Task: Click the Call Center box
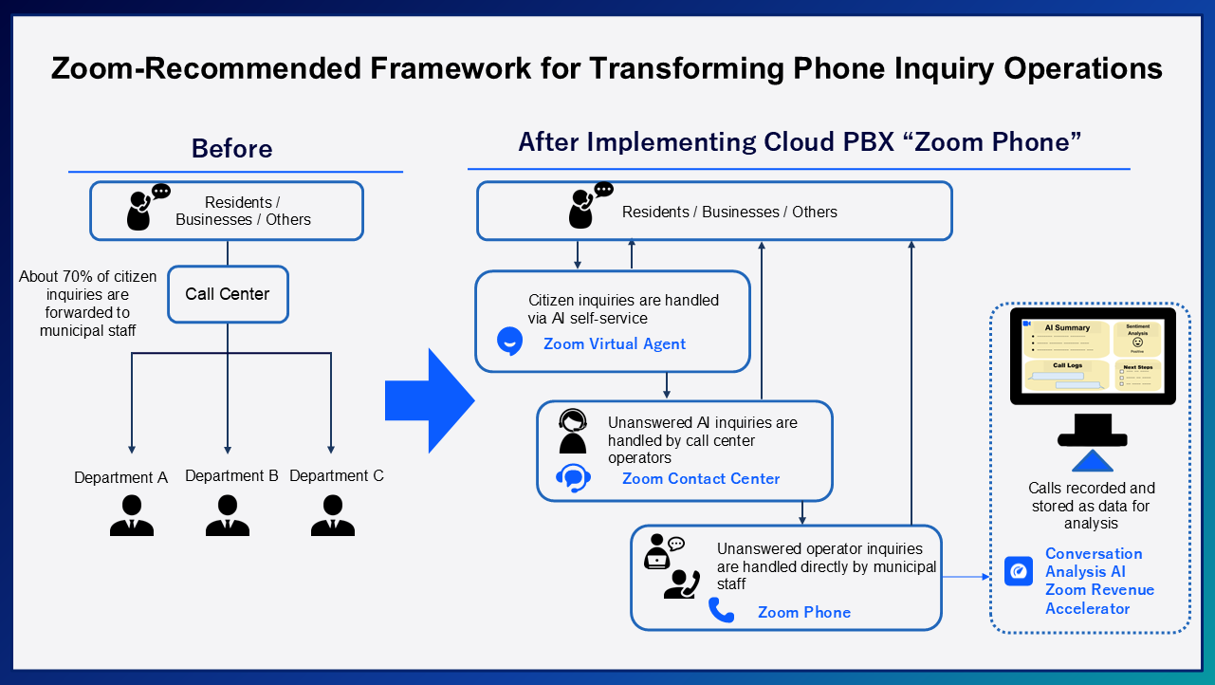(228, 294)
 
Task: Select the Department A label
(120, 477)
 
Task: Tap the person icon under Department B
(228, 515)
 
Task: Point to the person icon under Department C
(333, 515)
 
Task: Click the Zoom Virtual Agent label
(614, 344)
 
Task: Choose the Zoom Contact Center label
(701, 478)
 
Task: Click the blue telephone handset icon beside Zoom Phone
(722, 610)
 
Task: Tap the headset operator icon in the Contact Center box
(573, 431)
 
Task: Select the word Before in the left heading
(231, 149)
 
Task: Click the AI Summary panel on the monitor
(1066, 339)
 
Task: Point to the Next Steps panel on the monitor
(1137, 375)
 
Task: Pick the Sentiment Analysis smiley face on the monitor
(1137, 342)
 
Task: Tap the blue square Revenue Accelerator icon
(1019, 571)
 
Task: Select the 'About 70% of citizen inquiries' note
(88, 304)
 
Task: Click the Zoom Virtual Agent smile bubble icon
(510, 341)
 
